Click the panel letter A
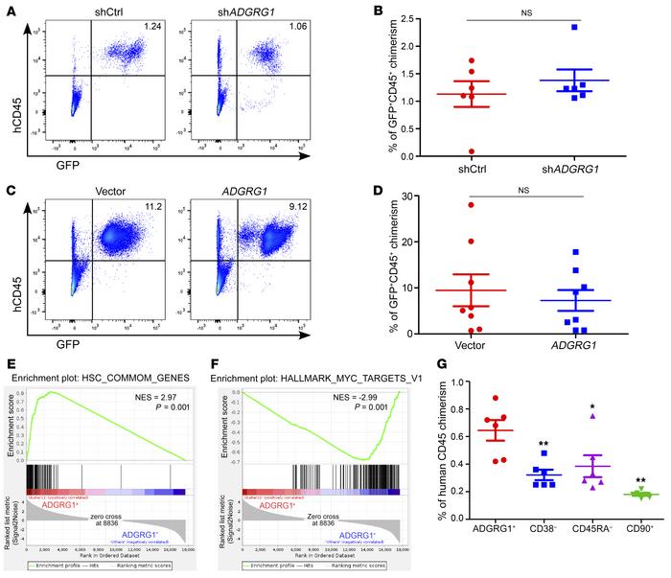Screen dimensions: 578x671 (x=8, y=10)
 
